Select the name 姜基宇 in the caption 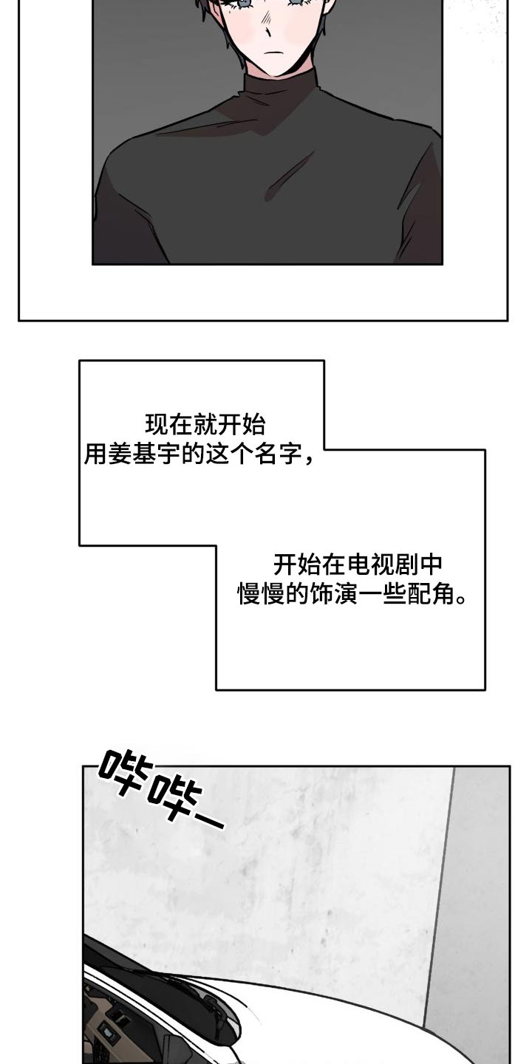click(x=145, y=454)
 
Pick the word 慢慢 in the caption click(x=260, y=595)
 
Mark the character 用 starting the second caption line click(x=97, y=454)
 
